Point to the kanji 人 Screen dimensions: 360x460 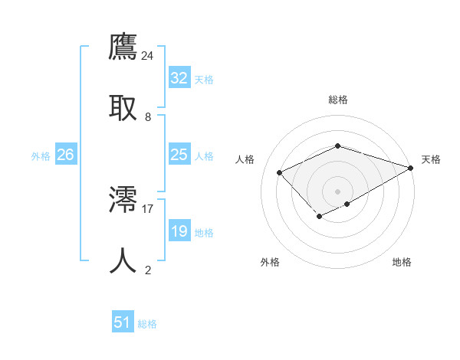(x=123, y=261)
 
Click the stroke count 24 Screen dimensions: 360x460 (x=148, y=56)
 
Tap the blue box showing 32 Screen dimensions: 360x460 (x=179, y=78)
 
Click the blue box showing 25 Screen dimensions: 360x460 (x=179, y=155)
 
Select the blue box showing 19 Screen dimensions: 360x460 (x=179, y=231)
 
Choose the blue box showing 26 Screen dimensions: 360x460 (x=65, y=155)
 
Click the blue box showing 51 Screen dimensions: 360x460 (x=123, y=322)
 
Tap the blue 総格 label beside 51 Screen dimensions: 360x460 (x=147, y=324)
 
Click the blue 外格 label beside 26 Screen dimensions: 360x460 (x=41, y=156)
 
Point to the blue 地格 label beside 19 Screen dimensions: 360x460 (x=204, y=233)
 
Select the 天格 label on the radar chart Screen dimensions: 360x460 (x=431, y=159)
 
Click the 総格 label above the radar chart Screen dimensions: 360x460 (x=338, y=100)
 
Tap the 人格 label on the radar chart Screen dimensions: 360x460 (x=245, y=159)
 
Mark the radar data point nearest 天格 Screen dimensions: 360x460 (x=411, y=168)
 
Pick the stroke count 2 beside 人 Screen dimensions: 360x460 (x=148, y=270)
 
